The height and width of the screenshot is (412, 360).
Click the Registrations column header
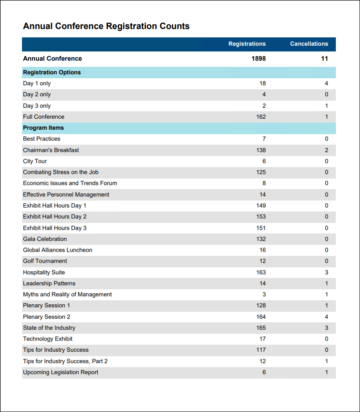[x=247, y=44]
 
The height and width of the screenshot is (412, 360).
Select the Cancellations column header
[x=309, y=44]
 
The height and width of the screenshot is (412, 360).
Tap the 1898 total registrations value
[x=258, y=58]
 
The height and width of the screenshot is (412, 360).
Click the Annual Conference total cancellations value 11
[x=324, y=58]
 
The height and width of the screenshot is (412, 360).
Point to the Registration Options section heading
[x=52, y=73]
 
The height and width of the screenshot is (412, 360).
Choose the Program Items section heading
[x=44, y=128]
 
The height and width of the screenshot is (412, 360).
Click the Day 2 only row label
[x=37, y=95]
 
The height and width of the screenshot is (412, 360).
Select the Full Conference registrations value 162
[x=261, y=117]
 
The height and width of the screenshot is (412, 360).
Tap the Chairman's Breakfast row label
[x=51, y=150]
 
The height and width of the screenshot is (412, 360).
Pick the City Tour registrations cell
[x=264, y=161]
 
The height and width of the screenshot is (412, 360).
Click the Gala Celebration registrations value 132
[x=261, y=239]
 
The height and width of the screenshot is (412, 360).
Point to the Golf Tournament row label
[x=45, y=261]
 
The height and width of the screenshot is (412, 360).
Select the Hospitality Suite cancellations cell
[x=327, y=273]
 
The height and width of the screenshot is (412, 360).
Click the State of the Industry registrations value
[x=261, y=328]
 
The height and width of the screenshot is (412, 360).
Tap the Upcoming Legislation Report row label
[x=61, y=372]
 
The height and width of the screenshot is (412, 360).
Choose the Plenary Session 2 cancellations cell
[x=327, y=317]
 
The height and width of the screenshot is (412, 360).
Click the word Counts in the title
[x=174, y=26]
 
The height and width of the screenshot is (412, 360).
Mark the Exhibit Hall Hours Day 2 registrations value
[x=261, y=217]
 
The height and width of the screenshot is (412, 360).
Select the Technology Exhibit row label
[x=48, y=339]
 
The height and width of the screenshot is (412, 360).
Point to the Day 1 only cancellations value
[x=327, y=84]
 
